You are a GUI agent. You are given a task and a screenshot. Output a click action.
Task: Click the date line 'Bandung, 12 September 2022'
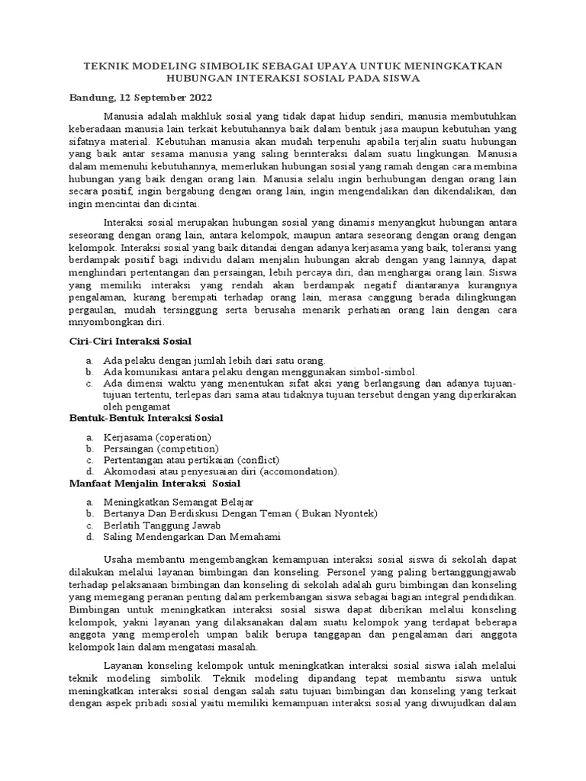pos(141,98)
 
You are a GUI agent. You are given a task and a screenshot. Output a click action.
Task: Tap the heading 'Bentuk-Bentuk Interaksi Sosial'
pos(146,418)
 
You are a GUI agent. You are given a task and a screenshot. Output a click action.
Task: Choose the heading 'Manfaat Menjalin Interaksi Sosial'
pos(155,484)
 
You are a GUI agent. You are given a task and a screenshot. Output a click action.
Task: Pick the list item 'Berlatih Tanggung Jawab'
pos(163,525)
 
